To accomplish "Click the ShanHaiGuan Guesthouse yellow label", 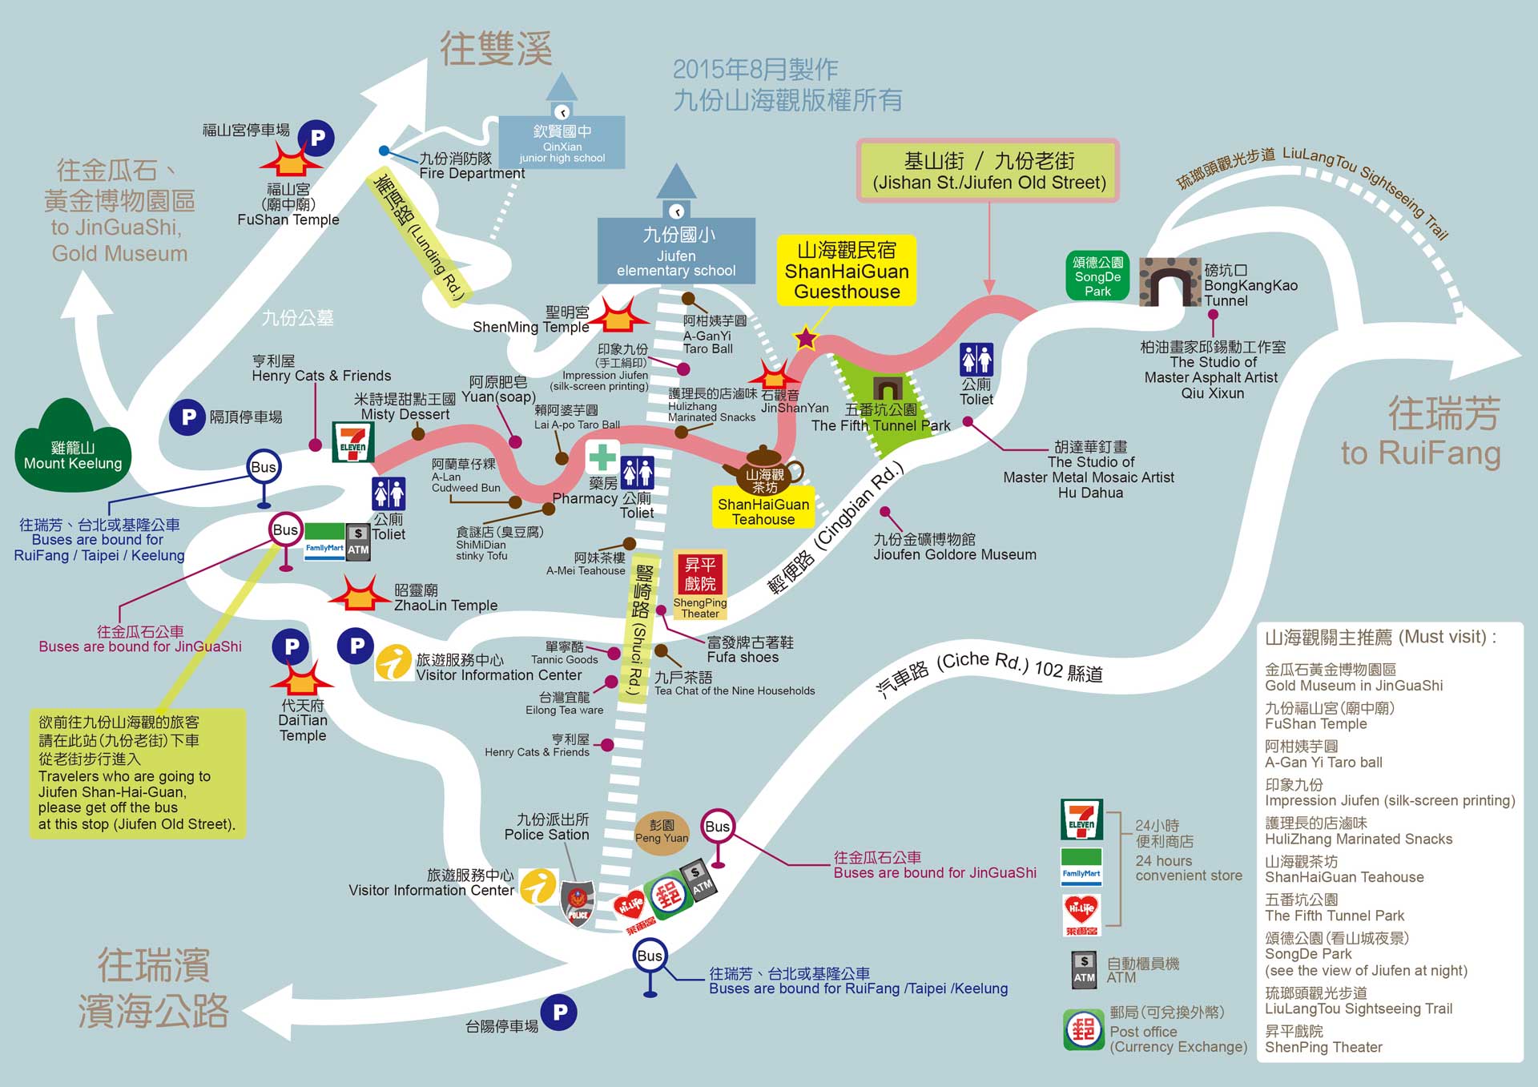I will (847, 271).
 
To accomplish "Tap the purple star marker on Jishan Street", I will (805, 338).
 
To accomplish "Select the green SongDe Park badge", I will (1097, 276).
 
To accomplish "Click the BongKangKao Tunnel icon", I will (1170, 282).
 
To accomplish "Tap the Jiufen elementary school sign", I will (676, 250).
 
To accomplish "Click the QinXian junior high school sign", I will (562, 142).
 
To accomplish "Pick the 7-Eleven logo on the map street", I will (352, 441).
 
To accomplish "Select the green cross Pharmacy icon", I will (602, 457).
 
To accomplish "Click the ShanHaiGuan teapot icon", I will (763, 471).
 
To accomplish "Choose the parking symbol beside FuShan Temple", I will (317, 139).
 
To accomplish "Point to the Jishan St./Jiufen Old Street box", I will (988, 171).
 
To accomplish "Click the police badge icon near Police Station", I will (578, 904).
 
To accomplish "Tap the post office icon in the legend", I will (1083, 1029).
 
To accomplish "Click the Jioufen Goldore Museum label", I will (954, 547).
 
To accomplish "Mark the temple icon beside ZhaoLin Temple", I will (360, 594).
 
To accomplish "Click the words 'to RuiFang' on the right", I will (1420, 453).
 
